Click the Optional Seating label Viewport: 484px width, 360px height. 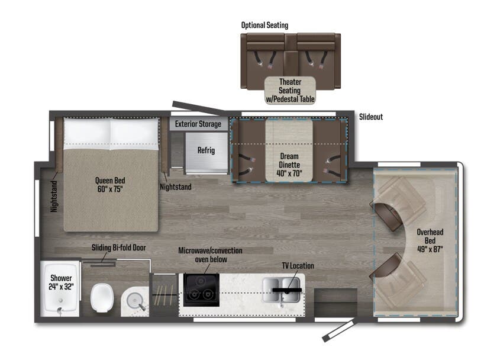pos(264,25)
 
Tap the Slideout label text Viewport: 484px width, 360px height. pos(371,117)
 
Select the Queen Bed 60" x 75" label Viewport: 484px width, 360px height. pos(111,185)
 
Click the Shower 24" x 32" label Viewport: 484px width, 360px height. pos(61,282)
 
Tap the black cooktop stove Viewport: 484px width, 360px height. pos(201,290)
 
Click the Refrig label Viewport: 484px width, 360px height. pos(206,150)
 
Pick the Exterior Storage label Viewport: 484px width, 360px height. pos(198,124)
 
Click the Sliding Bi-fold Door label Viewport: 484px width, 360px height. pos(118,248)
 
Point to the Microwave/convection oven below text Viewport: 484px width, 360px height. pos(210,255)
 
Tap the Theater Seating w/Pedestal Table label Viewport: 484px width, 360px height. pos(290,91)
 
